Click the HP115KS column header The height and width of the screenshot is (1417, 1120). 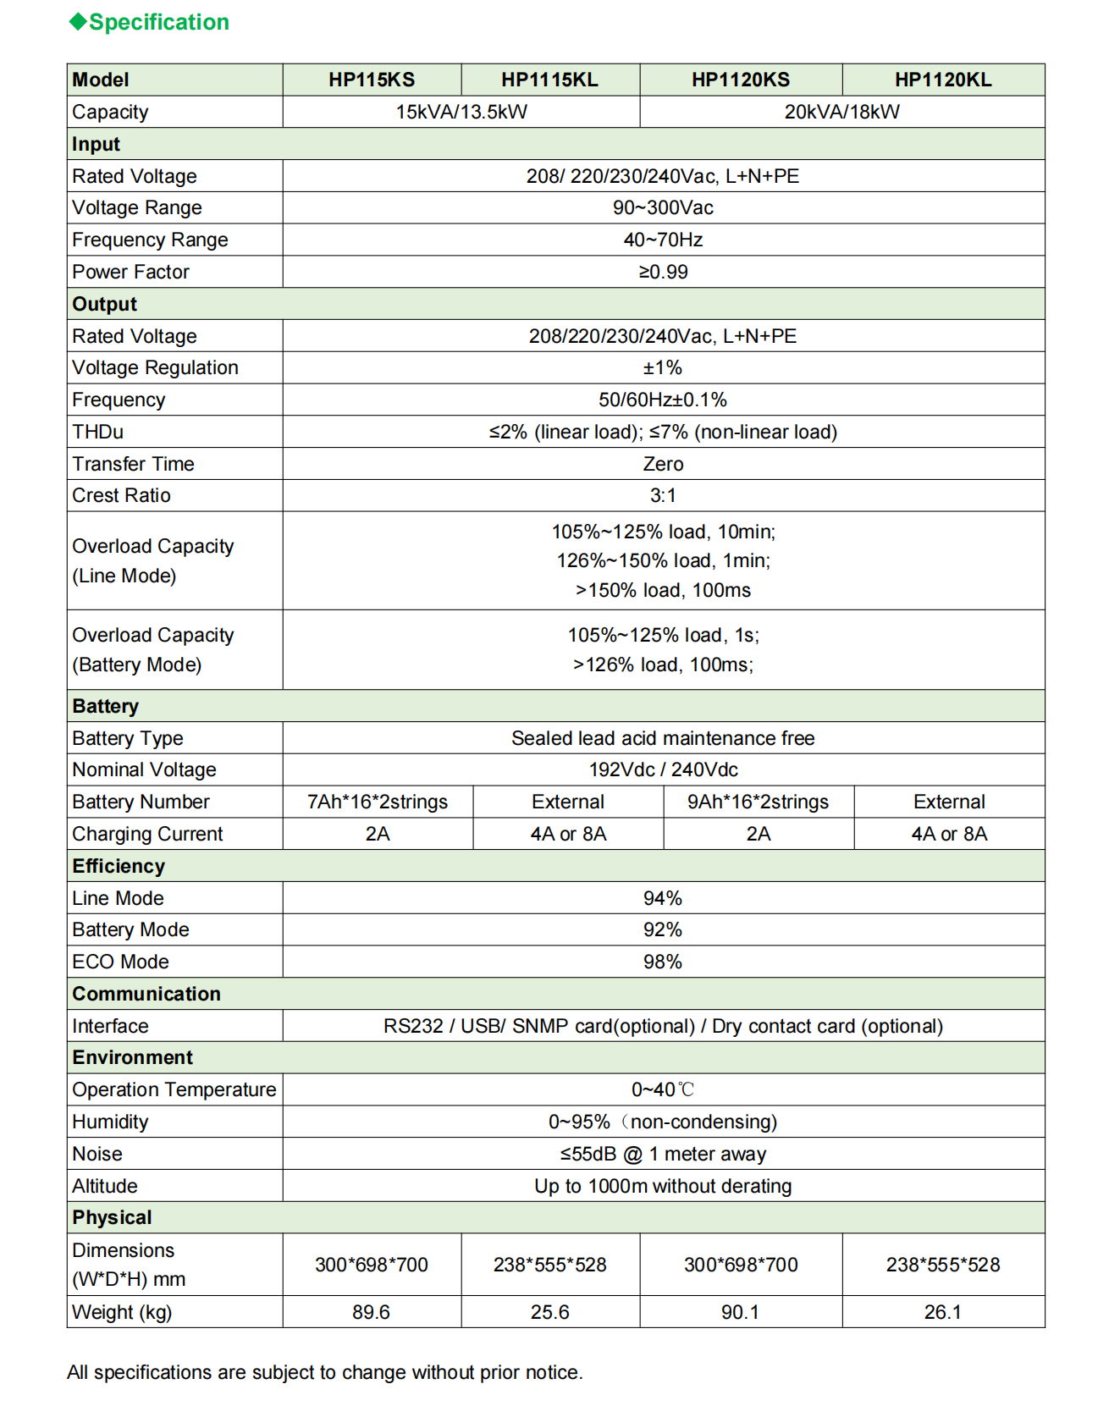[x=372, y=80]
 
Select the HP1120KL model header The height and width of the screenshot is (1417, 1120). [x=943, y=80]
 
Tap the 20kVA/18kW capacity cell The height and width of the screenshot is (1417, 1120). [x=841, y=112]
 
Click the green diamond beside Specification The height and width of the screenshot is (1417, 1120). [x=78, y=22]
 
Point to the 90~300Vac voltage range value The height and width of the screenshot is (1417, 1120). [x=663, y=207]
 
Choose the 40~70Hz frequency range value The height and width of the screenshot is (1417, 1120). [x=663, y=240]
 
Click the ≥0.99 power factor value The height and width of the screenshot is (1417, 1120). [x=663, y=272]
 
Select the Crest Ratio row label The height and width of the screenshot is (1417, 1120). [x=121, y=495]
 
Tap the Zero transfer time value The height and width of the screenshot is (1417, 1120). [x=663, y=464]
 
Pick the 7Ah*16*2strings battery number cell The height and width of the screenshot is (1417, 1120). [x=378, y=802]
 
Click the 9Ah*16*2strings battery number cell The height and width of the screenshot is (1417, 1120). [x=758, y=802]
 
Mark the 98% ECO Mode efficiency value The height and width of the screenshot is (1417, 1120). [x=662, y=962]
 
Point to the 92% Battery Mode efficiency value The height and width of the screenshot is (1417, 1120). [x=662, y=929]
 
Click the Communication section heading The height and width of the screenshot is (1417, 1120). [x=146, y=994]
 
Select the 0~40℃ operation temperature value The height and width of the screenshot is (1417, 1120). [x=662, y=1089]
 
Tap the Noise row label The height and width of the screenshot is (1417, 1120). [x=97, y=1154]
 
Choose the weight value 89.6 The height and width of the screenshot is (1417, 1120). [x=371, y=1312]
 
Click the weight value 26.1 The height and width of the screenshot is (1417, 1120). [x=942, y=1312]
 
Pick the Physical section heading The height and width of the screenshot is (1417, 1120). [x=112, y=1217]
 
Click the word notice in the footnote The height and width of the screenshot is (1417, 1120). [x=553, y=1372]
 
